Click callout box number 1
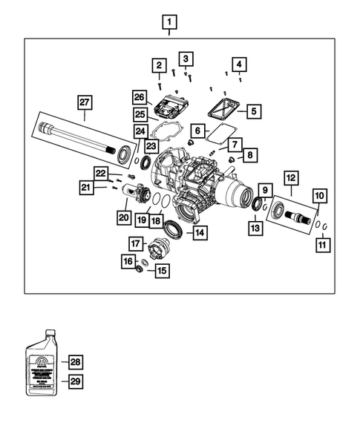click(171, 20)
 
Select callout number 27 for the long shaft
click(84, 102)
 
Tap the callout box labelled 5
click(252, 111)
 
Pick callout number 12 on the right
click(289, 179)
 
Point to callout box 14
click(200, 233)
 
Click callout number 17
click(135, 243)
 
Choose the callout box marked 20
click(122, 217)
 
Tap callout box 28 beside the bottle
click(74, 362)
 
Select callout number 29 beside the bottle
click(74, 381)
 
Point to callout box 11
click(322, 243)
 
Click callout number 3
click(186, 58)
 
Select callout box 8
click(249, 155)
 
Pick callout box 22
click(102, 173)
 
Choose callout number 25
click(140, 114)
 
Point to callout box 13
click(255, 229)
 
